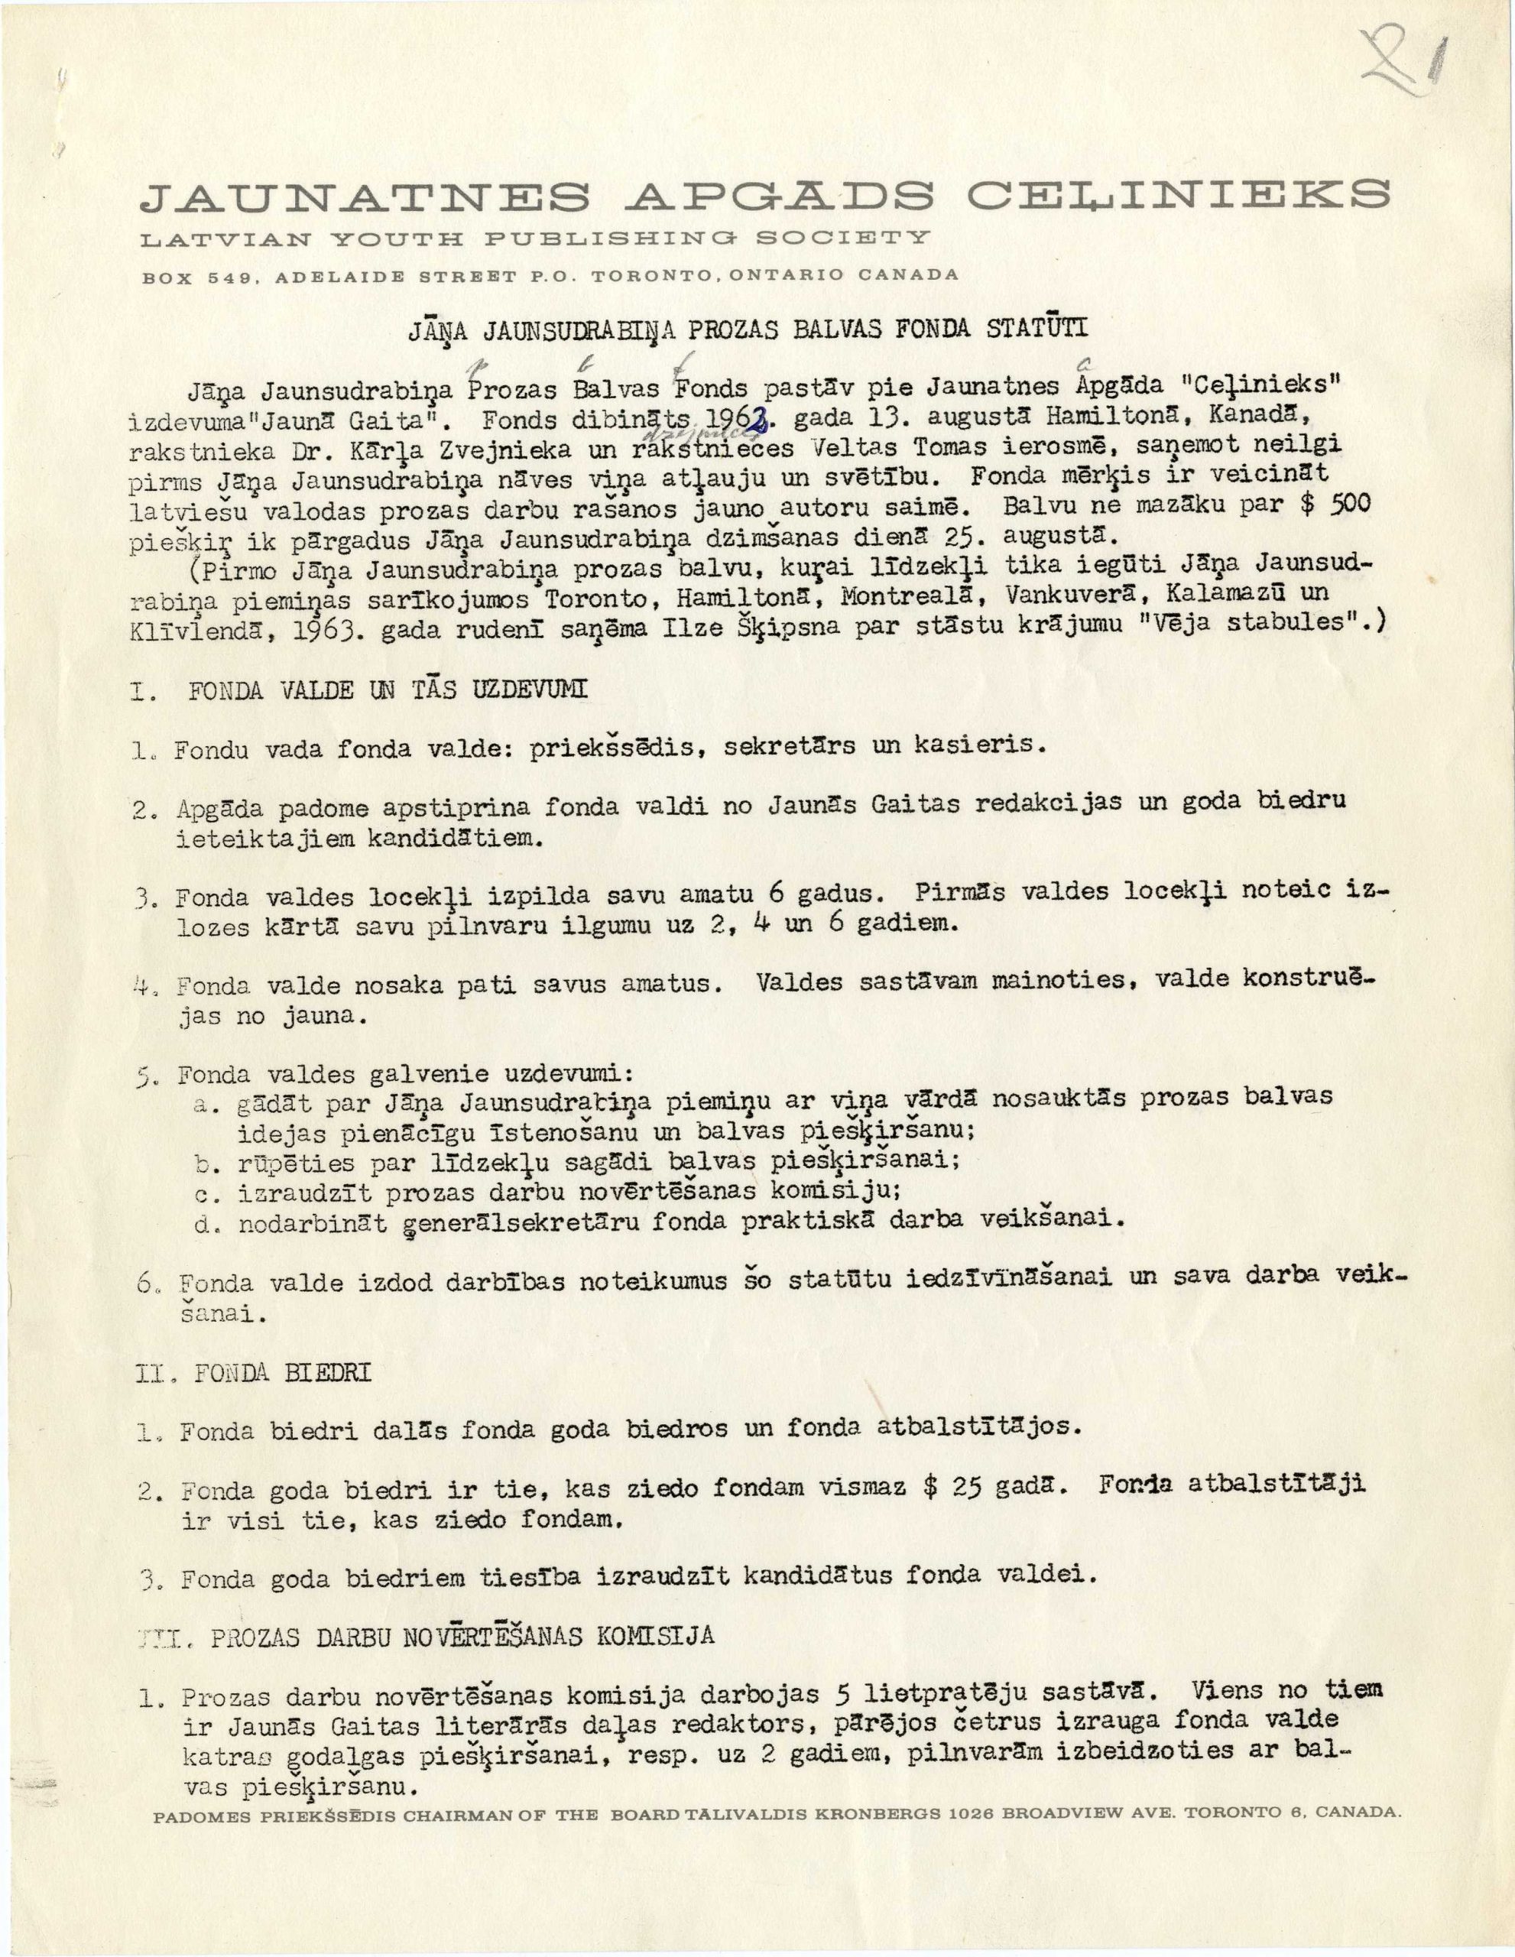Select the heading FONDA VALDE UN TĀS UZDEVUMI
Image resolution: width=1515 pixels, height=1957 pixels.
tap(387, 691)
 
